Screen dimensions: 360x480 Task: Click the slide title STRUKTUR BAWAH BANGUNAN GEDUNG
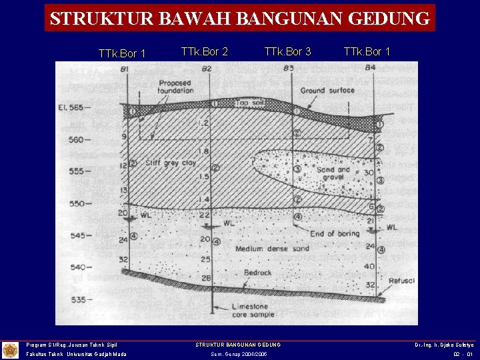click(x=240, y=18)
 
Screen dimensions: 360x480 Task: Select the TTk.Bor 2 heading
click(x=205, y=51)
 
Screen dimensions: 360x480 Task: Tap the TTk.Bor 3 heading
click(x=287, y=51)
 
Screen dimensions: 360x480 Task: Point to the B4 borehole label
click(x=370, y=68)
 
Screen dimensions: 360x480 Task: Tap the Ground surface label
click(x=327, y=90)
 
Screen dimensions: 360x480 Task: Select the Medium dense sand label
click(x=272, y=249)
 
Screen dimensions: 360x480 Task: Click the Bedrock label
click(x=257, y=273)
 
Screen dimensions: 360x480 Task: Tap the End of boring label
click(x=335, y=233)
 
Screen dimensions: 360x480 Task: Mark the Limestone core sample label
click(x=250, y=310)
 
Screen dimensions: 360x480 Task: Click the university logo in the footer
click(x=10, y=349)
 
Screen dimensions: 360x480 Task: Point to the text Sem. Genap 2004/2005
click(x=239, y=354)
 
